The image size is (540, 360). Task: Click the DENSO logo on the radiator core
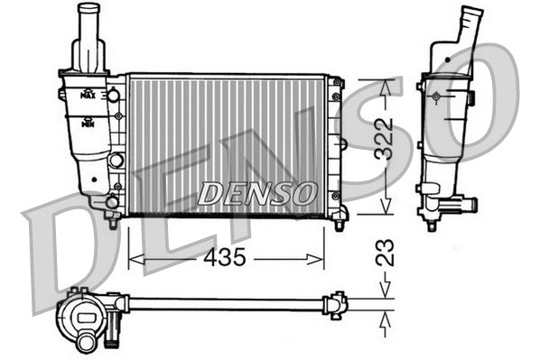point(257,192)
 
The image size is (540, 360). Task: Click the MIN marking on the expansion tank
point(88,123)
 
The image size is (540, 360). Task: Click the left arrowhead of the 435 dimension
point(134,259)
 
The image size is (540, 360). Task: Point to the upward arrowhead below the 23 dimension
point(386,315)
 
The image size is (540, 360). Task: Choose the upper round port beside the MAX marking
point(115,95)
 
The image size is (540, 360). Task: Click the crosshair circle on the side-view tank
point(436,96)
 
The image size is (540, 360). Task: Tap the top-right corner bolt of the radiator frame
point(337,83)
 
